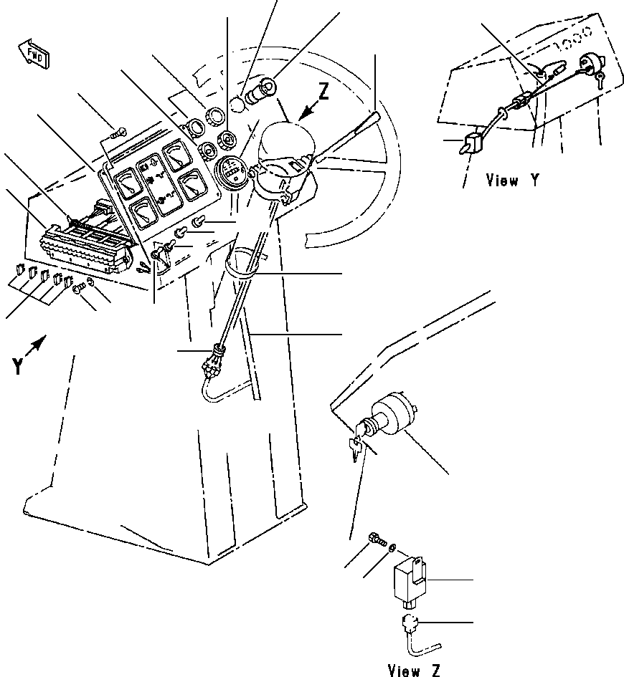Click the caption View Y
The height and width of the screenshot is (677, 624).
513,181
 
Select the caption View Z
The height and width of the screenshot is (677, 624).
415,670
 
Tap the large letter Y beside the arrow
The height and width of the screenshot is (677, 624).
17,368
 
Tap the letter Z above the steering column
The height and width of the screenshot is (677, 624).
324,93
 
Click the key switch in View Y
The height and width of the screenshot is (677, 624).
592,66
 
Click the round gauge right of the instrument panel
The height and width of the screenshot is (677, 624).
232,174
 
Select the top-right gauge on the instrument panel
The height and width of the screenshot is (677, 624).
176,155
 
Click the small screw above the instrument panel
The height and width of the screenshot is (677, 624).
119,132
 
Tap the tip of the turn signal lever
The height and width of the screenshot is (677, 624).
377,114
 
